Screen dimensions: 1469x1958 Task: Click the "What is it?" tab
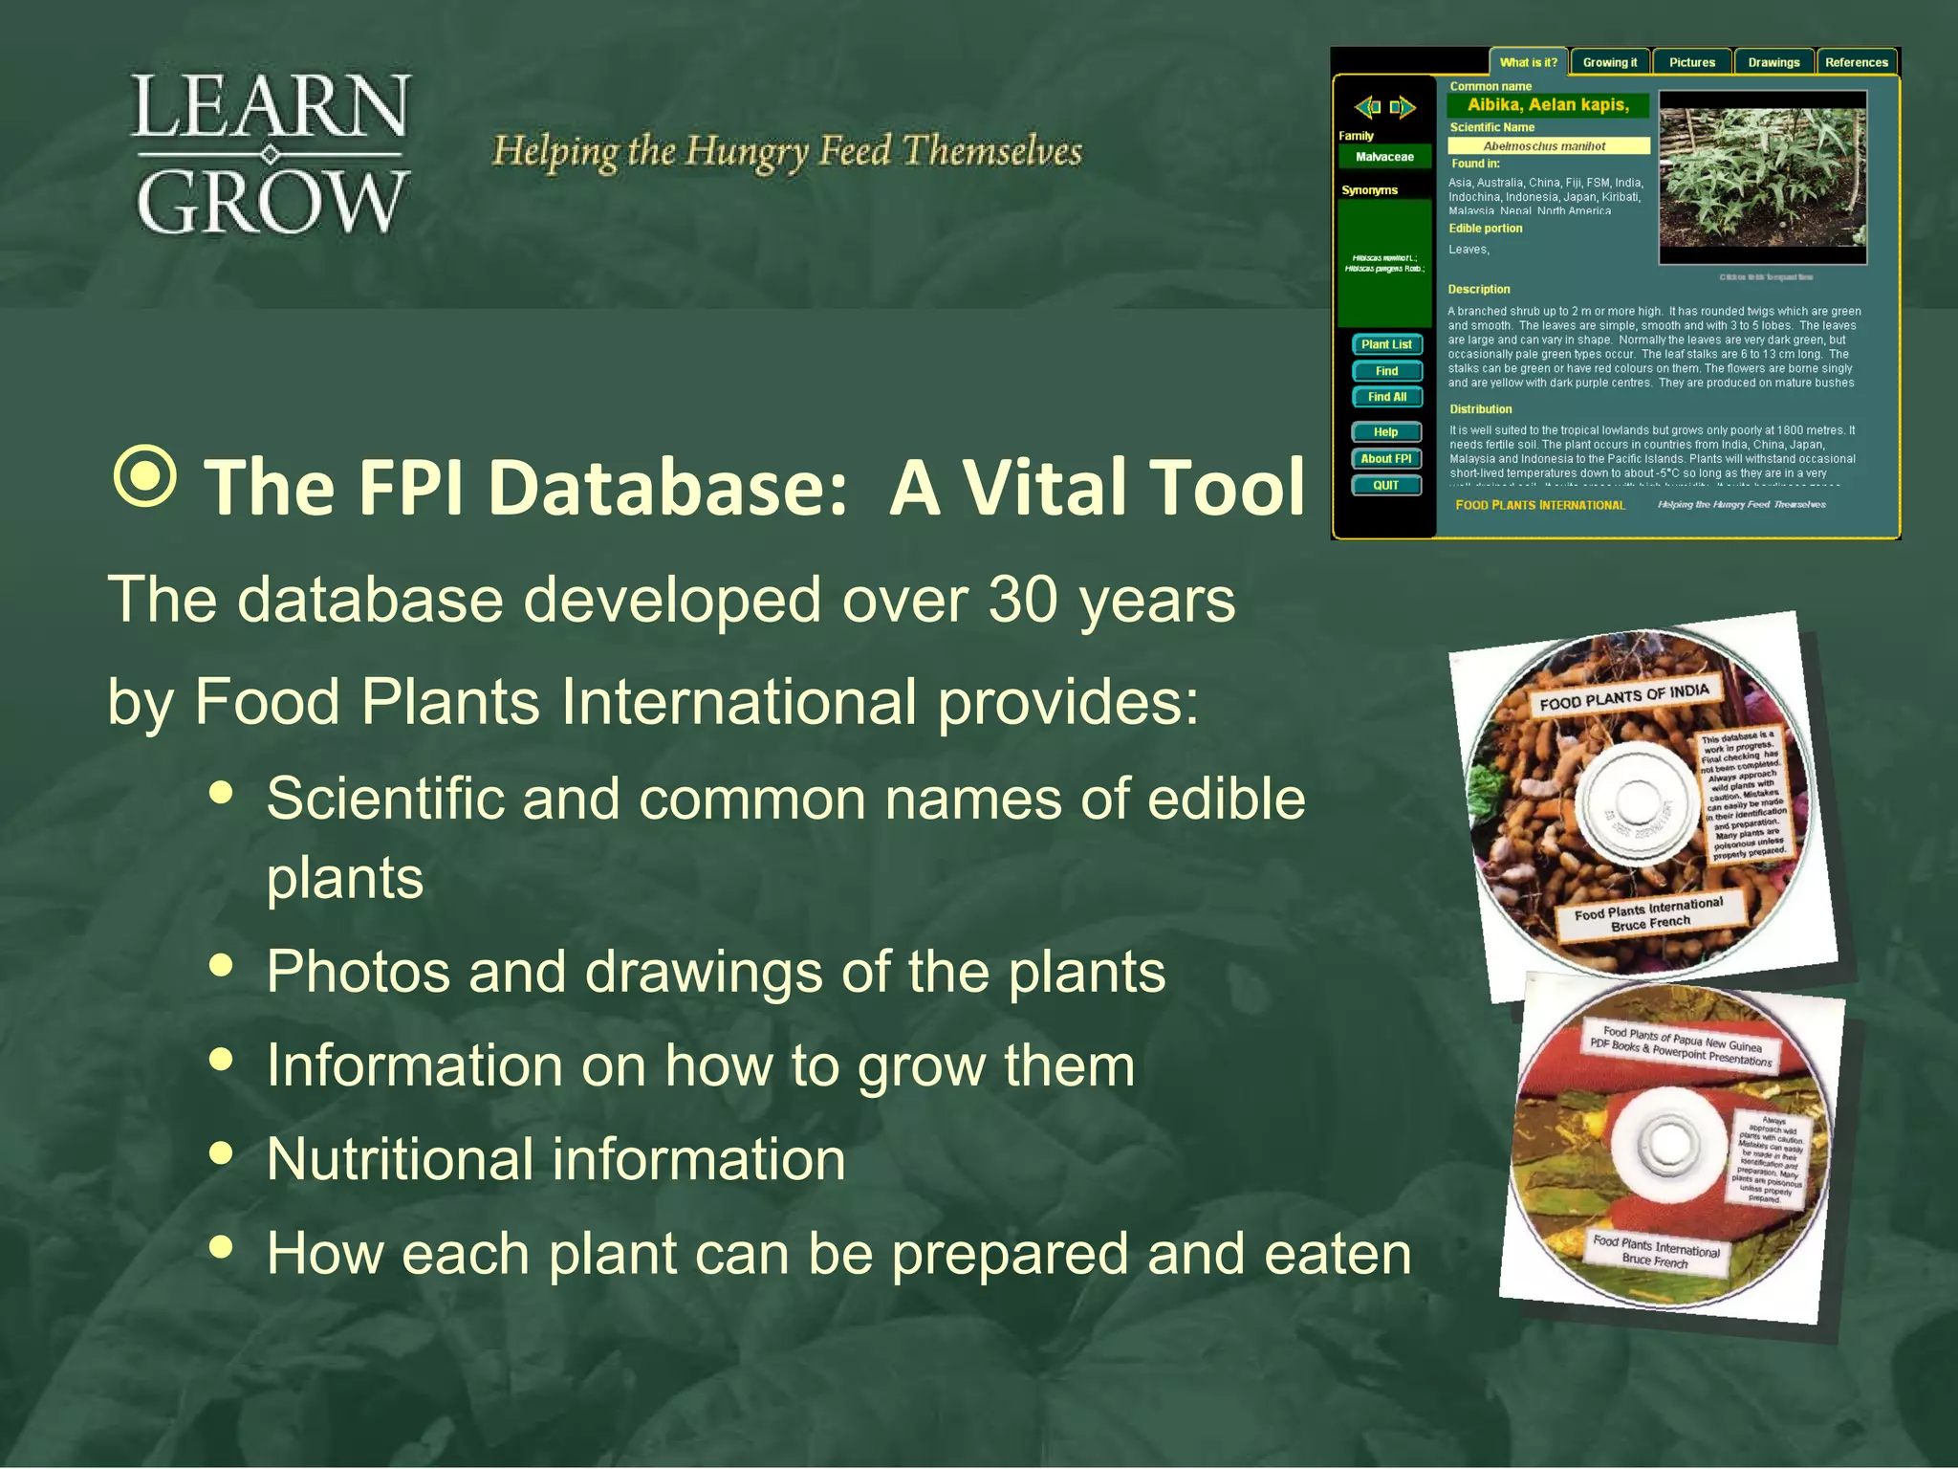click(x=1528, y=62)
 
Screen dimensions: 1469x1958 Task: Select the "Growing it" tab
click(x=1610, y=62)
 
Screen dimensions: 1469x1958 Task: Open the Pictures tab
click(x=1692, y=62)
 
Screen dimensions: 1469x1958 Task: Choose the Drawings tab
click(x=1773, y=62)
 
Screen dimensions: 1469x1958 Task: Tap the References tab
click(x=1857, y=62)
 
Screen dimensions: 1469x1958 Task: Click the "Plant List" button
click(x=1386, y=344)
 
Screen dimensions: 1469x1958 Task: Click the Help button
click(x=1386, y=432)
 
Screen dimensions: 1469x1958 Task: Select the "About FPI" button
click(x=1386, y=459)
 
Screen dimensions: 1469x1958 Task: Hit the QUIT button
click(x=1386, y=486)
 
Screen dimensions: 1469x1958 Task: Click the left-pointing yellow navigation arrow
click(x=1368, y=107)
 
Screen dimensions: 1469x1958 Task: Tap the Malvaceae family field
click(x=1384, y=157)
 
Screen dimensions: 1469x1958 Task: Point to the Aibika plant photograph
click(x=1762, y=177)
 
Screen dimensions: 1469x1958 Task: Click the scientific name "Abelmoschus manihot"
click(x=1549, y=146)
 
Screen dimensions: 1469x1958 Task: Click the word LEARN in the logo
click(x=271, y=107)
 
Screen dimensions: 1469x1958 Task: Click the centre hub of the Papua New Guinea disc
click(x=1667, y=1143)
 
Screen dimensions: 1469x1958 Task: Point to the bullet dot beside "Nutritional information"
click(x=221, y=1153)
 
